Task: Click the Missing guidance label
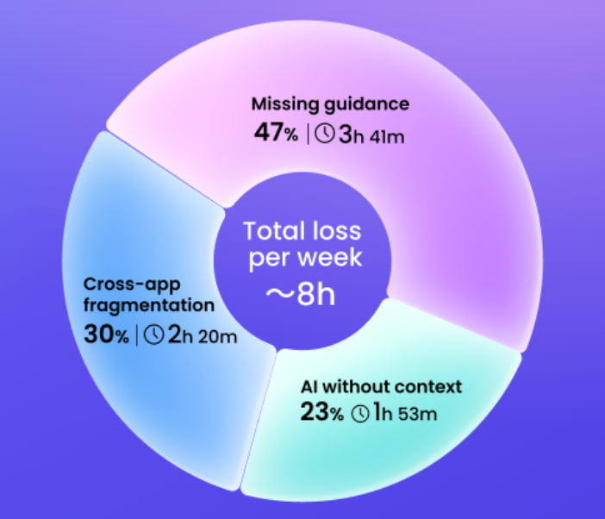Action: pyautogui.click(x=330, y=105)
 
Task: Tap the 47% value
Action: pyautogui.click(x=276, y=133)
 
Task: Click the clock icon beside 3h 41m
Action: pyautogui.click(x=325, y=134)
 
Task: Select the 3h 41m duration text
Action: pyautogui.click(x=371, y=134)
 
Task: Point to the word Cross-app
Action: pyautogui.click(x=132, y=285)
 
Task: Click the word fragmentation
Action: pyautogui.click(x=149, y=306)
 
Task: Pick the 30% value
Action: pyautogui.click(x=106, y=335)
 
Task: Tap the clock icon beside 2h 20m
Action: pyautogui.click(x=154, y=335)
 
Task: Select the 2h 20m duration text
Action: pyautogui.click(x=203, y=335)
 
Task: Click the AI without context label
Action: pyautogui.click(x=381, y=386)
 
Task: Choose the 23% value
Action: pyautogui.click(x=321, y=412)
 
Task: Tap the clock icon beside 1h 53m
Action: pyautogui.click(x=360, y=413)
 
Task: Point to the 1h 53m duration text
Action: pyautogui.click(x=405, y=412)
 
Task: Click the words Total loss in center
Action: pyautogui.click(x=302, y=231)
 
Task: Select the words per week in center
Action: pyautogui.click(x=305, y=259)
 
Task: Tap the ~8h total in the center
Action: pyautogui.click(x=301, y=295)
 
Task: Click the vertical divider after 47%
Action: pyautogui.click(x=308, y=134)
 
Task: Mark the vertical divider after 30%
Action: pyautogui.click(x=137, y=335)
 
